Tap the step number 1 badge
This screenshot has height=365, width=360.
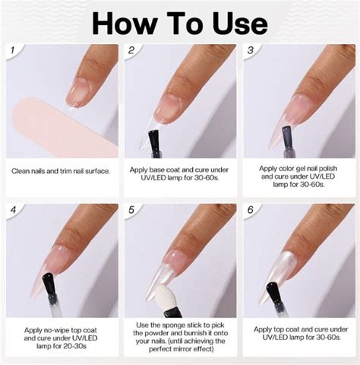[x=13, y=51]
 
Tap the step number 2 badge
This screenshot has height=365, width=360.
[x=131, y=51]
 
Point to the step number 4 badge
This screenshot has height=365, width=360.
[x=13, y=210]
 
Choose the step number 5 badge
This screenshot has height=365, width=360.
[x=131, y=210]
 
